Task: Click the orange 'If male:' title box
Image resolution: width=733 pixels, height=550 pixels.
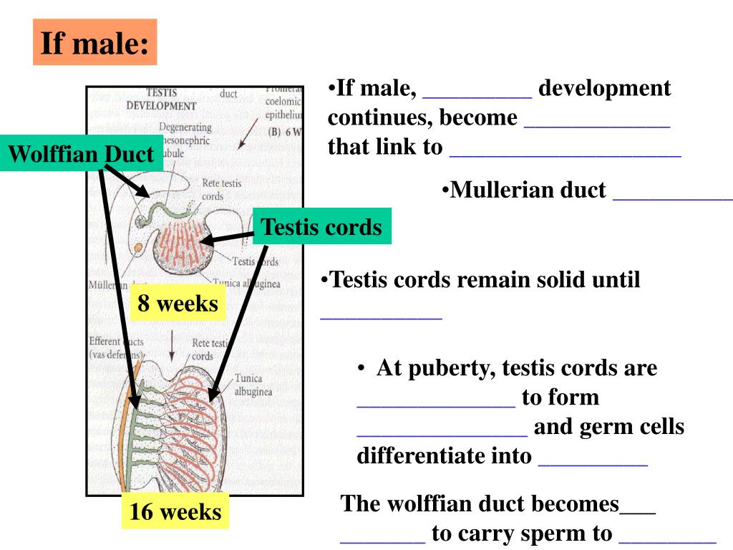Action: pos(94,42)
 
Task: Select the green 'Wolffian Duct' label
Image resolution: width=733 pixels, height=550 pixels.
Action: pos(82,153)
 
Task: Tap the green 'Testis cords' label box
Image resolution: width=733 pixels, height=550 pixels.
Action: pos(321,226)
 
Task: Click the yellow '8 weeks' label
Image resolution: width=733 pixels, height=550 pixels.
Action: pos(178,303)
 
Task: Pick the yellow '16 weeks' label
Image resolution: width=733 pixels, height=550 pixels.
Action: pos(175,511)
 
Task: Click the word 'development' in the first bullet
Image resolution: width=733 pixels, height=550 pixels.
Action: pos(604,88)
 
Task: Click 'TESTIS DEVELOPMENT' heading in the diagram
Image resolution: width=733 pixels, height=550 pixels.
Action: pos(161,99)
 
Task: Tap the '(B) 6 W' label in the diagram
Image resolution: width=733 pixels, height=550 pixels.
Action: pos(283,132)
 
